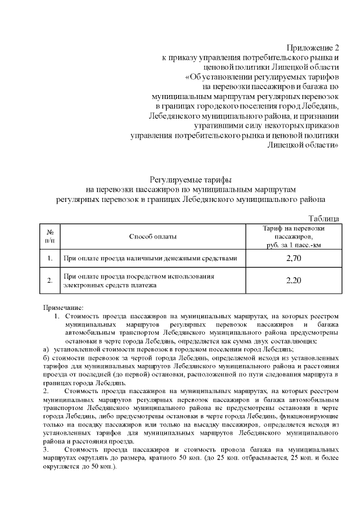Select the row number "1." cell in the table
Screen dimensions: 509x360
[49, 258]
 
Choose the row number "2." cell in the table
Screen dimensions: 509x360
[49, 281]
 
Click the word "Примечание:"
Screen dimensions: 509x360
[63, 308]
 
